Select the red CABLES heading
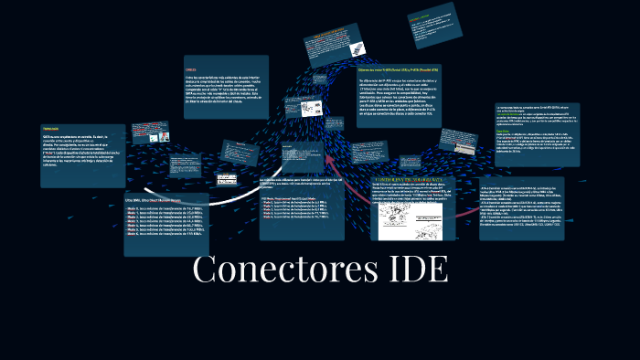point(190,69)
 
